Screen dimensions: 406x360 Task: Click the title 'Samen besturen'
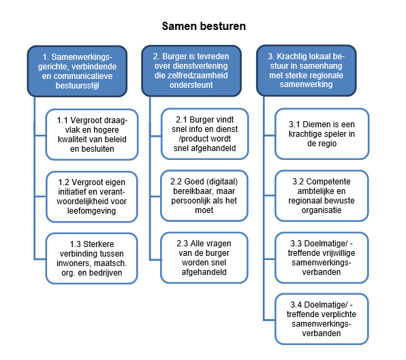[x=204, y=26]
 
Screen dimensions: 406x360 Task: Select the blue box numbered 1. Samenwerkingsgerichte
[x=77, y=71]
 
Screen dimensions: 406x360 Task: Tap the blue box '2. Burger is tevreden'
[x=191, y=71]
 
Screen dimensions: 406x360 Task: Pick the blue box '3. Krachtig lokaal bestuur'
[x=307, y=70]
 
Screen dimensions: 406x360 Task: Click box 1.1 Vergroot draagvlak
[x=92, y=135]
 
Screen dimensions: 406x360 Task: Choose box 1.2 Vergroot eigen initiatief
[x=92, y=197]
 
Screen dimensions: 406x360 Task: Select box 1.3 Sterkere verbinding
[x=92, y=259]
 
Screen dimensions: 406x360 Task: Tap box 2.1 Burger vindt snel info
[x=204, y=134]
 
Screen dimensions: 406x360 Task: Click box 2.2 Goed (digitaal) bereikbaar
[x=204, y=196]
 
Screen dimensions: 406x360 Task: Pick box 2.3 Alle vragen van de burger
[x=204, y=258]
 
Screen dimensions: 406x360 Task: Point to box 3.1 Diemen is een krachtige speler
[x=322, y=134]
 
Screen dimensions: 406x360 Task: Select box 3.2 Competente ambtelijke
[x=322, y=196]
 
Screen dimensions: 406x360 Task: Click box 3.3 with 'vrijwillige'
[x=322, y=258]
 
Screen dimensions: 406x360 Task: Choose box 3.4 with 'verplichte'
[x=322, y=319]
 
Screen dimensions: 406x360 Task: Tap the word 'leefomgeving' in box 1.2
[x=92, y=211]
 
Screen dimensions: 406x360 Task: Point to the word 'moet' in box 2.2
[x=204, y=210]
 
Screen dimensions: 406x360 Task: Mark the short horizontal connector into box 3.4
[x=269, y=320]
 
